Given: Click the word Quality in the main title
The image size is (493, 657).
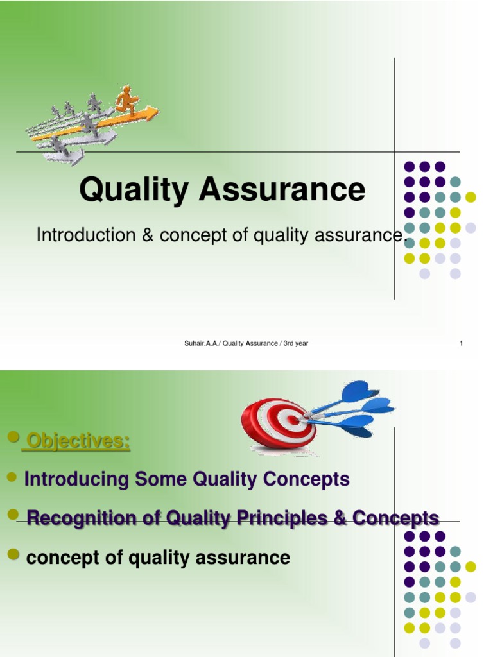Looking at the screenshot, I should click(x=134, y=190).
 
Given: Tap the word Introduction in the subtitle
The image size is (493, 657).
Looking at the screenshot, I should click(x=83, y=235).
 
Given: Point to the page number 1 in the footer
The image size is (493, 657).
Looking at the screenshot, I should click(x=461, y=343).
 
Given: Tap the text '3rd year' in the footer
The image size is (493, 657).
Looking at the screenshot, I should click(x=295, y=343).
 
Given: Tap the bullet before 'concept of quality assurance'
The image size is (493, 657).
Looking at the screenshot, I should click(x=13, y=556).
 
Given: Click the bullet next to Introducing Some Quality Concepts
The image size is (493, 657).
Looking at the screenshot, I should click(x=12, y=478).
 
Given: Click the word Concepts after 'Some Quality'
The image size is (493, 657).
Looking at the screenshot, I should click(x=308, y=479).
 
